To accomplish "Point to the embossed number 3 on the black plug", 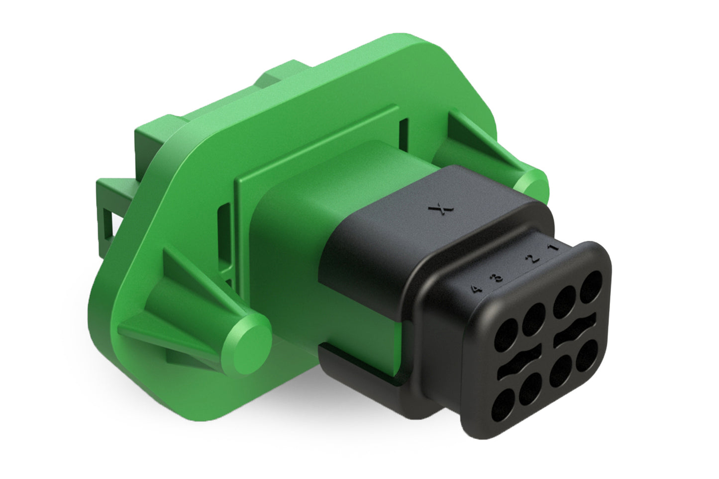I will (497, 277).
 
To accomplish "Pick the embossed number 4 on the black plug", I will (477, 288).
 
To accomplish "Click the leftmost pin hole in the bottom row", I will (503, 403).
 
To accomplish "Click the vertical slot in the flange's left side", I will (224, 216).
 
